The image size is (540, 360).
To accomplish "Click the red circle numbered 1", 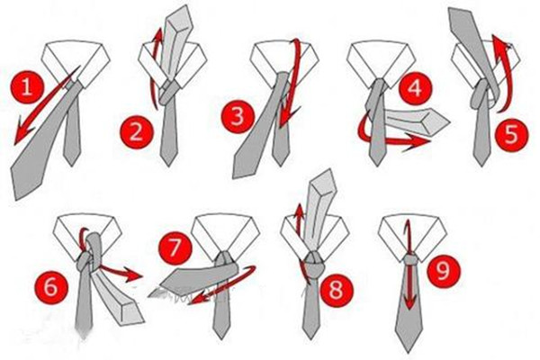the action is pyautogui.click(x=27, y=86).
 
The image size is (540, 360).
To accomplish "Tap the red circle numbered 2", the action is pyautogui.click(x=136, y=132).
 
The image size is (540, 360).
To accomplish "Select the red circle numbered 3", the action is pyautogui.click(x=238, y=116).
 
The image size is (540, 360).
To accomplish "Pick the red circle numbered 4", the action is pyautogui.click(x=415, y=87).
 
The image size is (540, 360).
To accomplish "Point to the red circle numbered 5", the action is pyautogui.click(x=511, y=134).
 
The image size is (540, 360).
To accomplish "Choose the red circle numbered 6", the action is pyautogui.click(x=51, y=285).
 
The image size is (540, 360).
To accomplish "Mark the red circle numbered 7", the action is pyautogui.click(x=175, y=247).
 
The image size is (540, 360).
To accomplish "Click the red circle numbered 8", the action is pyautogui.click(x=336, y=289).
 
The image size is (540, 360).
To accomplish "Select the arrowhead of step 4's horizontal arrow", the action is pyautogui.click(x=418, y=141).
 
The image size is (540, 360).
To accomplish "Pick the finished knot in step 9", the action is pyautogui.click(x=409, y=259).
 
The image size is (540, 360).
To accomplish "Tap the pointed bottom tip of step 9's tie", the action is pyautogui.click(x=409, y=352).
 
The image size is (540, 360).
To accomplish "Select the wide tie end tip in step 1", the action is pyautogui.click(x=16, y=198).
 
